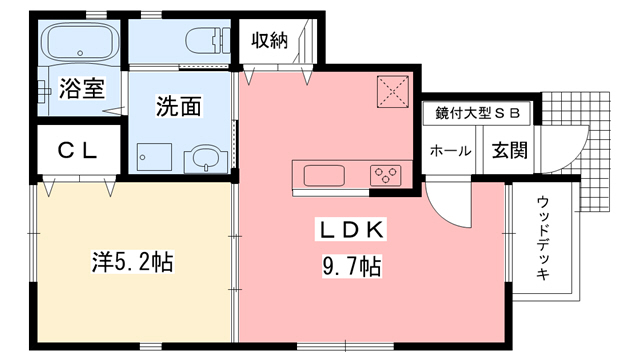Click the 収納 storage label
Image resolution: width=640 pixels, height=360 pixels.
pyautogui.click(x=270, y=40)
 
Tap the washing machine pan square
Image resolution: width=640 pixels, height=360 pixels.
pyautogui.click(x=156, y=156)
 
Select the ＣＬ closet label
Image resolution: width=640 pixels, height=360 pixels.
pyautogui.click(x=76, y=151)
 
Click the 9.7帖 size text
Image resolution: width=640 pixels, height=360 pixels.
pyautogui.click(x=349, y=267)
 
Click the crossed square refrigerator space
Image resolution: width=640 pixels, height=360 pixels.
pyautogui.click(x=393, y=92)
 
